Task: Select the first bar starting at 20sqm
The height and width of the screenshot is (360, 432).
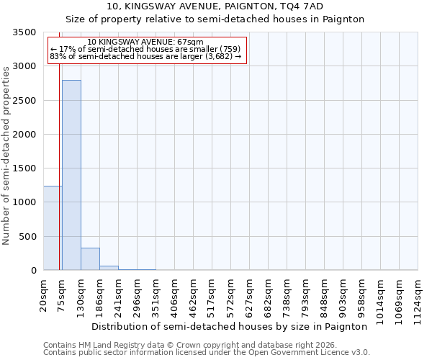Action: point(52,228)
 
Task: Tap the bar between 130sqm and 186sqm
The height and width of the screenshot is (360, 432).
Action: point(90,259)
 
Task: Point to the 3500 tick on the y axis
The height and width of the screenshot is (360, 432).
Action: point(27,32)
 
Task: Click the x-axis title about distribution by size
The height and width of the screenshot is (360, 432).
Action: point(230,326)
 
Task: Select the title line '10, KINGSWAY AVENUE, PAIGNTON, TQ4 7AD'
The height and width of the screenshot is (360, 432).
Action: point(215,6)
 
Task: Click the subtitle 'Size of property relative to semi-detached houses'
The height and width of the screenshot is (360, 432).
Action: point(215,19)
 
